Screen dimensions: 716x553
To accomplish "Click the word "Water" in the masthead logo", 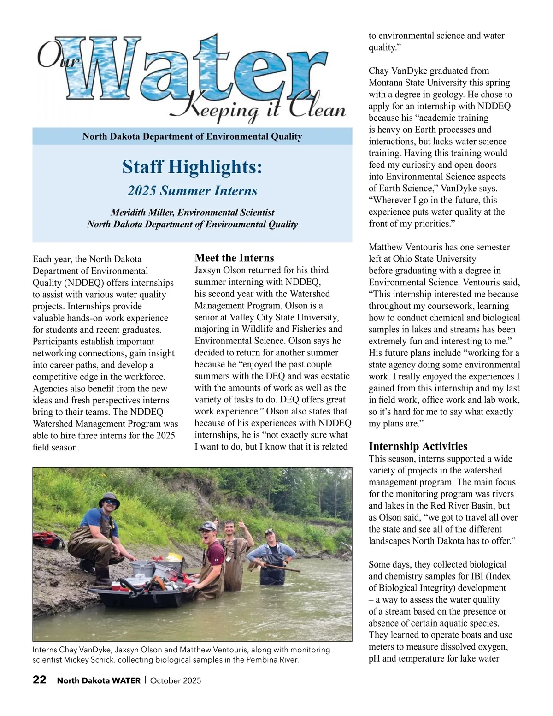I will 194,69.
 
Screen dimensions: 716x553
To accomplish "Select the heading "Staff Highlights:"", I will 192,167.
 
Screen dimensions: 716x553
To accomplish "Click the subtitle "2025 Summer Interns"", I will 192,191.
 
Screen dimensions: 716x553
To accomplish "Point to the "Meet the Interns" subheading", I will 234,258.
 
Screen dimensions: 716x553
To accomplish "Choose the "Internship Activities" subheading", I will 418,446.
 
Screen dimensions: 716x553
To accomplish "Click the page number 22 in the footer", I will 40,680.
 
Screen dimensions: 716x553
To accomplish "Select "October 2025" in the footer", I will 176,680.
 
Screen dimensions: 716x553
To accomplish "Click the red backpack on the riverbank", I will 47,539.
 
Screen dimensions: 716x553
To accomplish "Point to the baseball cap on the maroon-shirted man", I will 208,526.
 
